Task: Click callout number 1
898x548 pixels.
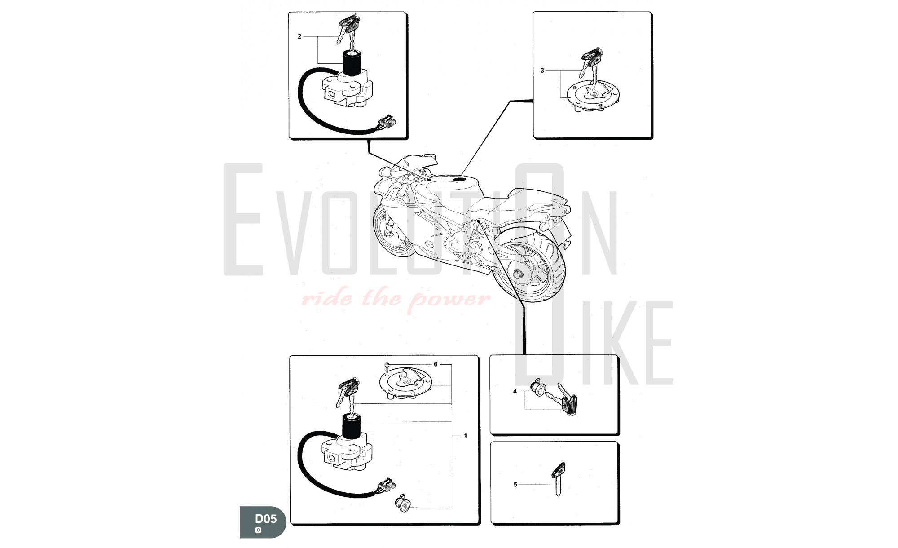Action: click(x=465, y=436)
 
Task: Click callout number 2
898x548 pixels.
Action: click(x=299, y=36)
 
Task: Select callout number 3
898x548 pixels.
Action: click(x=542, y=71)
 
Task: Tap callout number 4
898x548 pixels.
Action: click(x=515, y=391)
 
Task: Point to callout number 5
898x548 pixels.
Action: click(x=515, y=484)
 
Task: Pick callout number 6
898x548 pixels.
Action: click(x=435, y=364)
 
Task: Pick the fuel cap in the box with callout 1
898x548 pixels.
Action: click(x=407, y=383)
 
